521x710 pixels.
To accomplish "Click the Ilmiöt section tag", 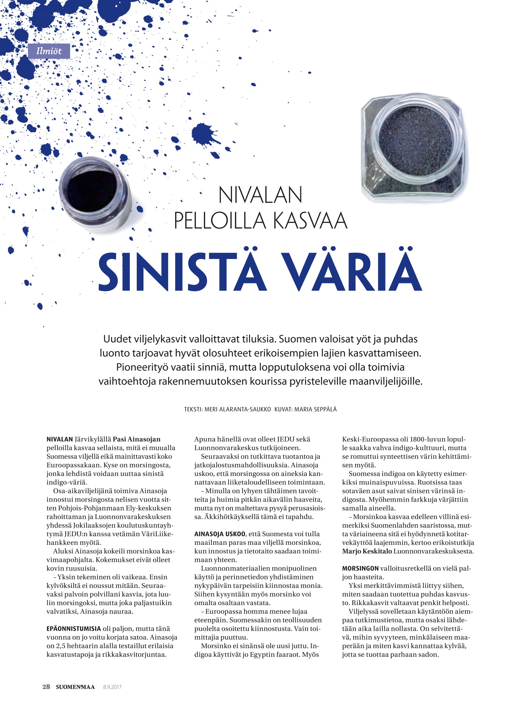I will tap(49, 51).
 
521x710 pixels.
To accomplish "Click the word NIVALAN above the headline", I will tap(260, 195).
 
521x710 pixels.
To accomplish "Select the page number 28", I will tap(46, 687).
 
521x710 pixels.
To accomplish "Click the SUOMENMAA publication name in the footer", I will tap(75, 687).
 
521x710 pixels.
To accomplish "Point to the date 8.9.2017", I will tap(112, 687).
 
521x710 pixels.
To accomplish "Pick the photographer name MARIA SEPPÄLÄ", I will tap(315, 409).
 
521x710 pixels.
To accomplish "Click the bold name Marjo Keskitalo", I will tap(367, 551).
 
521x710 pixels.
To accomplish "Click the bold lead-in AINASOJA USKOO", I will tap(220, 534).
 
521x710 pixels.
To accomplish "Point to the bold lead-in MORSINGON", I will tap(360, 568).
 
